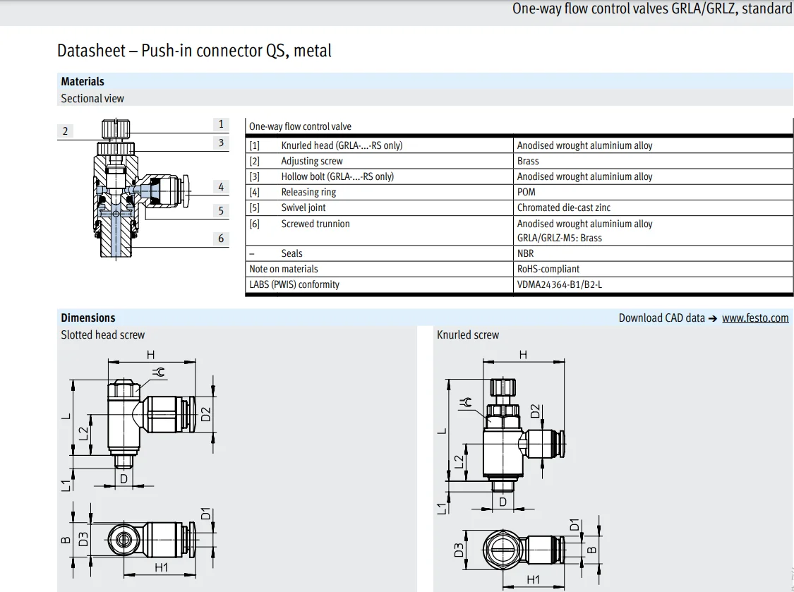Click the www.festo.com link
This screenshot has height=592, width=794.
point(755,318)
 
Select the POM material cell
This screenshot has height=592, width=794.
point(526,192)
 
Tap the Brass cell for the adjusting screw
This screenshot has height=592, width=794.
point(528,161)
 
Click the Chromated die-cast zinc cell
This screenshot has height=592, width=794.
point(564,207)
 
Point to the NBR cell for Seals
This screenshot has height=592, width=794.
point(526,253)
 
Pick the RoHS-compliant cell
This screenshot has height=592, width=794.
point(548,269)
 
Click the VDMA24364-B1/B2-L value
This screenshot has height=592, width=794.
point(560,284)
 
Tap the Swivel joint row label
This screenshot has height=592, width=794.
point(303,207)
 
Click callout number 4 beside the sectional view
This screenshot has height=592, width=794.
point(221,187)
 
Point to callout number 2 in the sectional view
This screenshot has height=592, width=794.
point(65,131)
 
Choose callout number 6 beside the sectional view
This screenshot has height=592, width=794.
point(221,238)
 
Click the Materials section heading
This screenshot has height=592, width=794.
point(83,82)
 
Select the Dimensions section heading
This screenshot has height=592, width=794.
point(88,318)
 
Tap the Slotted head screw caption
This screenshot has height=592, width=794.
point(103,334)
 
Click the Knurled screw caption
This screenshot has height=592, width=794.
point(468,334)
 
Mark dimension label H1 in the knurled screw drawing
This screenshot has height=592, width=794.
point(533,580)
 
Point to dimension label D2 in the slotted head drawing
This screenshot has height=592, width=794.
point(205,414)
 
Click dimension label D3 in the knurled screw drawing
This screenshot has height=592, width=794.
point(459,550)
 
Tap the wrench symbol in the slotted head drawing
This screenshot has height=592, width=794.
point(159,373)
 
